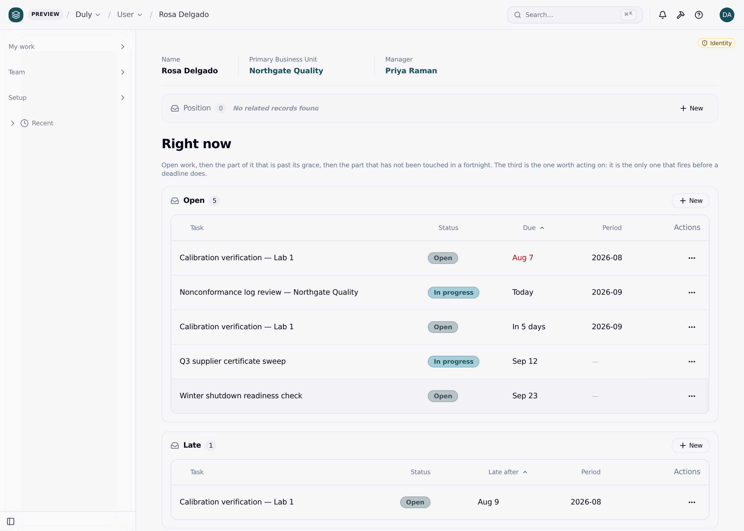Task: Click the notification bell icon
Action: point(662,15)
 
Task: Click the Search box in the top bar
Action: point(574,15)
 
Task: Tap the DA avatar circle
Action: point(727,15)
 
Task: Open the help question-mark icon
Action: point(699,15)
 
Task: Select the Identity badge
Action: point(717,43)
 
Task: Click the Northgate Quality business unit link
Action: point(286,71)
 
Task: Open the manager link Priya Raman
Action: point(411,71)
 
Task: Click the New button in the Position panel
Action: point(691,108)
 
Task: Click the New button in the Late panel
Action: point(691,445)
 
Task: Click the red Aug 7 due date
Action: point(522,258)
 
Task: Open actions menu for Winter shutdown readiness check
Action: point(692,396)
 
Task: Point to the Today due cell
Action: point(522,292)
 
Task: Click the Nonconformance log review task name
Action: point(269,292)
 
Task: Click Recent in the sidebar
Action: point(42,123)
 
